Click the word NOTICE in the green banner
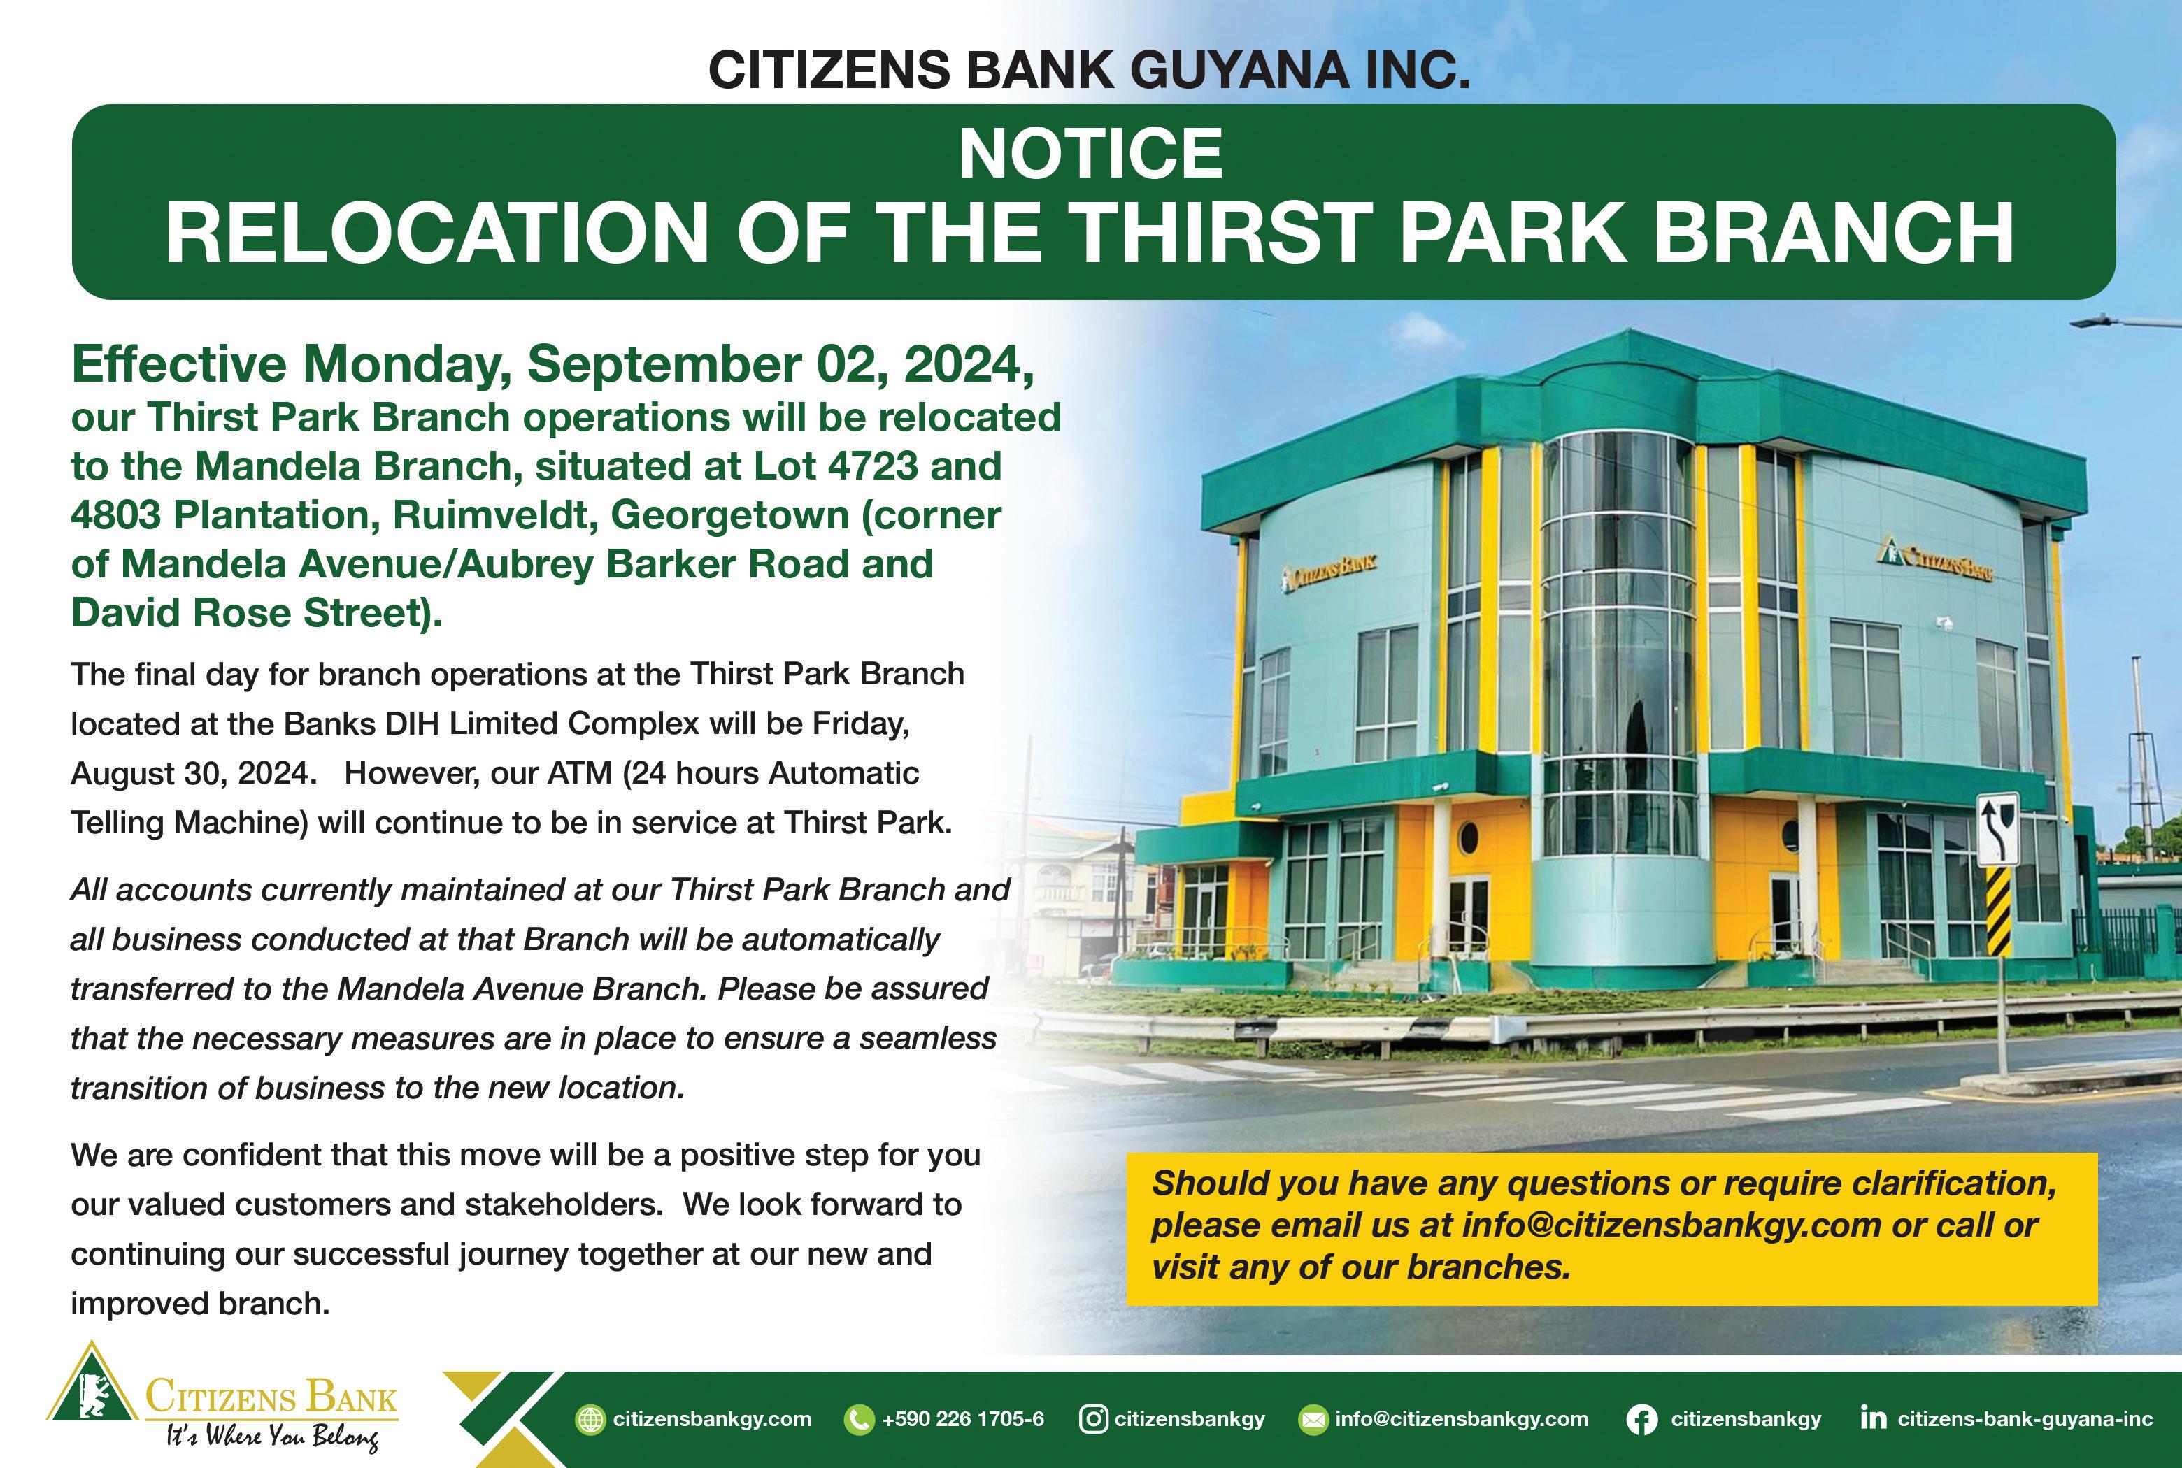tap(1091, 154)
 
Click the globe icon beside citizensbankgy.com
tap(590, 1419)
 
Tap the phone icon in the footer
tap(858, 1419)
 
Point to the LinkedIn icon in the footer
tap(1873, 1418)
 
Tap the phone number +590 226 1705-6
tap(963, 1419)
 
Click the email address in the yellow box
tap(1671, 1225)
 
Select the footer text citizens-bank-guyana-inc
tap(2025, 1419)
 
